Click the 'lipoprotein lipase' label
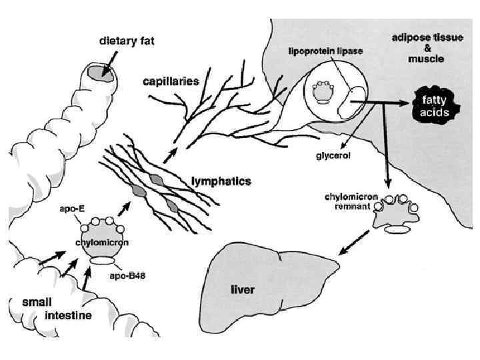[x=326, y=51]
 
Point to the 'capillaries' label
[x=171, y=82]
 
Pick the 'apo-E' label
[x=73, y=208]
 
